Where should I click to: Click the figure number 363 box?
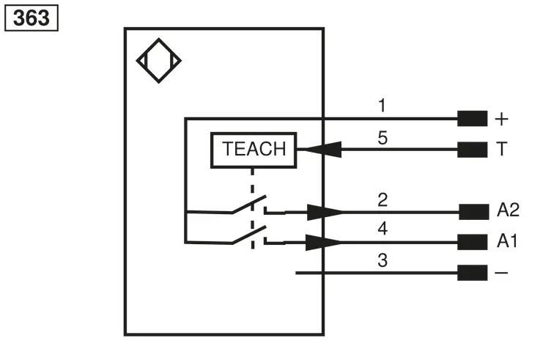point(32,18)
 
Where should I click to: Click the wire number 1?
point(382,106)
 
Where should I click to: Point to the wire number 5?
point(382,138)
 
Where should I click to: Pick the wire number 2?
point(382,200)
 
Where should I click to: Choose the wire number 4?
point(382,229)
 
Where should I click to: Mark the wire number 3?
point(382,260)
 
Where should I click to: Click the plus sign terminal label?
point(501,120)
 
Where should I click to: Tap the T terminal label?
point(502,149)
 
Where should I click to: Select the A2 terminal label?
point(508,210)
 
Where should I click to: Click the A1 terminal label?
point(507,240)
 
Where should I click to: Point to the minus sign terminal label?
point(501,273)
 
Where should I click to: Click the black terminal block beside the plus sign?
point(472,119)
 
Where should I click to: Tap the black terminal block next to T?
point(472,150)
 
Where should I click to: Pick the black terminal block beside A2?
point(474,212)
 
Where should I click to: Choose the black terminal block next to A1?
point(472,242)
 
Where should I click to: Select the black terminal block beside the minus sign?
point(472,273)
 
